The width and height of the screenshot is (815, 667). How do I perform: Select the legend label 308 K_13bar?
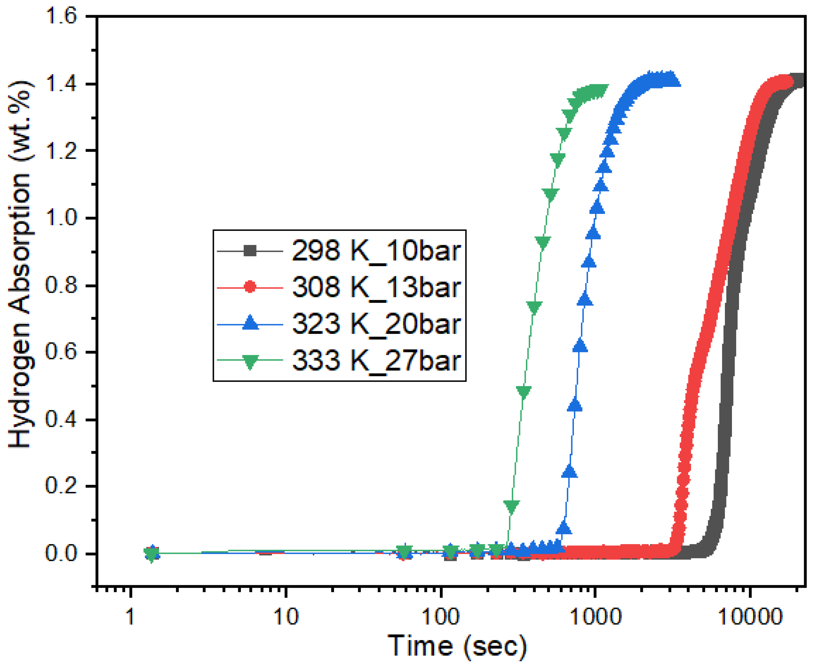click(376, 287)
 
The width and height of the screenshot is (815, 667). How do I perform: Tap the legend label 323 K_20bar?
click(376, 324)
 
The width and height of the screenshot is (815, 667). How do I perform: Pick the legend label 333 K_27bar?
click(376, 360)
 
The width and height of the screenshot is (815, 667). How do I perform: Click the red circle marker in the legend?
click(250, 287)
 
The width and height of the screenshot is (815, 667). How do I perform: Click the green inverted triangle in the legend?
click(250, 361)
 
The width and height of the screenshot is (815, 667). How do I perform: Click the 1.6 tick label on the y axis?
click(62, 17)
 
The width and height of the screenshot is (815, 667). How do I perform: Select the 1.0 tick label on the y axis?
click(62, 218)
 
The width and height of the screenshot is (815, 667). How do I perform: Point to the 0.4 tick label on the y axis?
click(62, 419)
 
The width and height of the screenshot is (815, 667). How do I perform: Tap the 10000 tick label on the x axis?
click(749, 617)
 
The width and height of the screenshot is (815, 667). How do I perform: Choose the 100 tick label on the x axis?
click(441, 617)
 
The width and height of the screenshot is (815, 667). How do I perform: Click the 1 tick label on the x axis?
click(130, 617)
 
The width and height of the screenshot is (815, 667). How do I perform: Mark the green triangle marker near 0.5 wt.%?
click(524, 392)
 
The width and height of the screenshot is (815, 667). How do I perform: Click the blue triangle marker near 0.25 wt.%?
click(570, 472)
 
